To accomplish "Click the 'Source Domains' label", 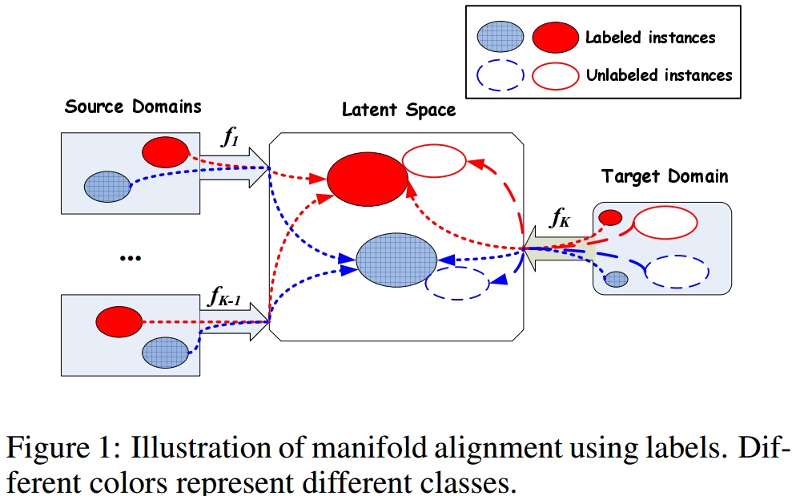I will [133, 107].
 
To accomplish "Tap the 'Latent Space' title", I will [398, 110].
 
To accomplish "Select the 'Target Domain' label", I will [665, 176].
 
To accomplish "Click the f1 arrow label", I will [230, 139].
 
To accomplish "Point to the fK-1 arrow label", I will [224, 299].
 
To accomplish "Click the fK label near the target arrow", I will [559, 217].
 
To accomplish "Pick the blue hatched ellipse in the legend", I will [500, 37].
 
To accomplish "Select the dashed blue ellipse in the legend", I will [500, 75].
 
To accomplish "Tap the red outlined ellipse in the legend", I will [554, 75].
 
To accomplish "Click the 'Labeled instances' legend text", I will [649, 37].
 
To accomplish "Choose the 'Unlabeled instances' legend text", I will [658, 75].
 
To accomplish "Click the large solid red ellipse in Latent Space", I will [368, 178].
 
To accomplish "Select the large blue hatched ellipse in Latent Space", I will [396, 258].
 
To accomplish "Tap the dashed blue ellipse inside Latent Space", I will [456, 282].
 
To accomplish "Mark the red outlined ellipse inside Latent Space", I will [433, 161].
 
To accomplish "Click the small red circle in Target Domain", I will [610, 217].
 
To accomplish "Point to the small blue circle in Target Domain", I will [615, 279].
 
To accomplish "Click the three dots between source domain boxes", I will [130, 258].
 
